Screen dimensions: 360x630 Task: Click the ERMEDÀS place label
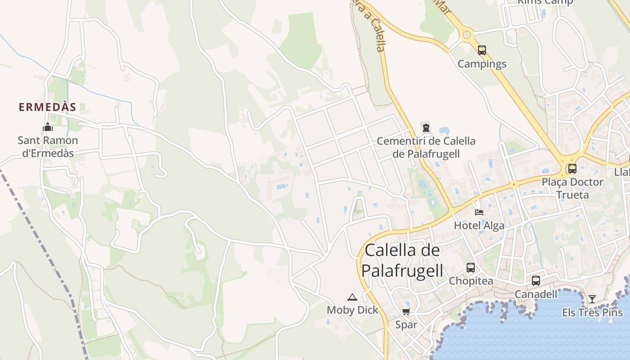coord(47,107)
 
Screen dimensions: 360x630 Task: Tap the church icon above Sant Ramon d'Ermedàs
coord(48,127)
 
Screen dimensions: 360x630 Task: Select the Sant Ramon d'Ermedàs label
coord(48,147)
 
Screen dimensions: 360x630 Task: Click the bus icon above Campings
coord(482,50)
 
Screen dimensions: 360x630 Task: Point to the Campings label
coord(482,64)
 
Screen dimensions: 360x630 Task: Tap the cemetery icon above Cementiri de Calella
coord(426,128)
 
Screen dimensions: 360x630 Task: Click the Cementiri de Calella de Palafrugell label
coord(426,147)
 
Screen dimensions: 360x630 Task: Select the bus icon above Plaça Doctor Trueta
coord(572,169)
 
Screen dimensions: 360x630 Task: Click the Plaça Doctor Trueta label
coord(572,188)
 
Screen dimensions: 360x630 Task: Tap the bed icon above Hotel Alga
coord(479,212)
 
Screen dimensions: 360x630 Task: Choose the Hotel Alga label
coord(479,225)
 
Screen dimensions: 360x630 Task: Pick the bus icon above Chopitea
coord(471,268)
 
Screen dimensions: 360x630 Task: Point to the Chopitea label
coord(471,281)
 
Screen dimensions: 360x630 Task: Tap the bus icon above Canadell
coord(535,281)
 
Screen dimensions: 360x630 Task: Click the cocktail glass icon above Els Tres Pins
coord(592,299)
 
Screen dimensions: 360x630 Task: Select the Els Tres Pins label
coord(592,312)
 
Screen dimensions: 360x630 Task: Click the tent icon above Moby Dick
coord(352,297)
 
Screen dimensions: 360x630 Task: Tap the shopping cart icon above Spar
coord(406,311)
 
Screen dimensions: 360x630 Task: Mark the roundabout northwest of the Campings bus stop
coord(467,34)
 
